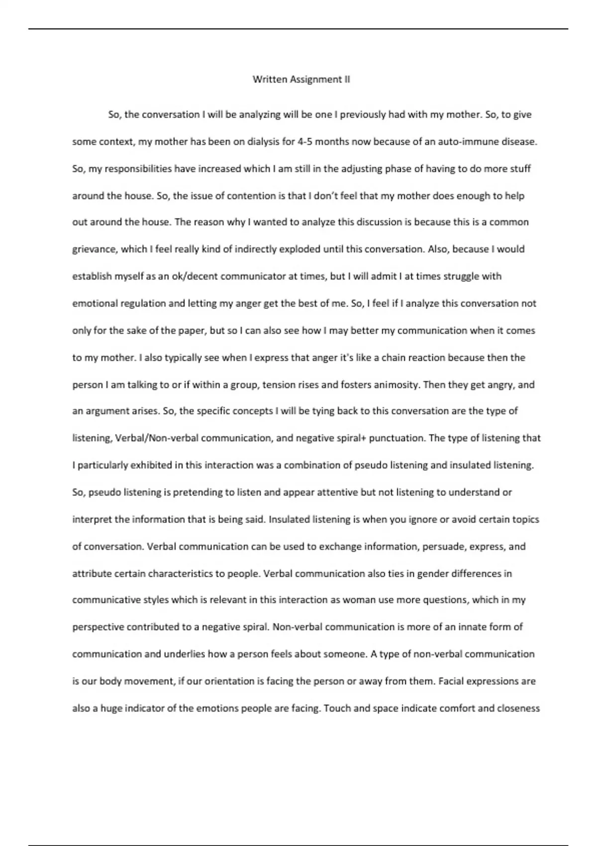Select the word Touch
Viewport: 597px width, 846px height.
tap(337, 708)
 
